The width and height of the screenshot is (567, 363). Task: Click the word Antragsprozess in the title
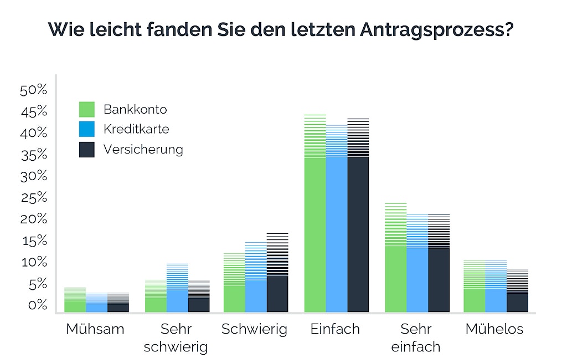(x=443, y=30)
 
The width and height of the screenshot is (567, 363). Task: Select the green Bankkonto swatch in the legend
(x=87, y=109)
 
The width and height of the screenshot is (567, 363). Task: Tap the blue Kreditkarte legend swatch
(x=87, y=129)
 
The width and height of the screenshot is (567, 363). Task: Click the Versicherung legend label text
(x=143, y=149)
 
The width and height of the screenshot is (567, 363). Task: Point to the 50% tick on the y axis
(x=34, y=91)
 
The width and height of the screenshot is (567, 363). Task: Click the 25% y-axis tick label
(x=34, y=198)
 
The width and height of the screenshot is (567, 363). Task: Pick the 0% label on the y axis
(x=37, y=305)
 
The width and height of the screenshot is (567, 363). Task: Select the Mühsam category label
(x=95, y=329)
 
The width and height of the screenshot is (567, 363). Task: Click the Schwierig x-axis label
(x=255, y=329)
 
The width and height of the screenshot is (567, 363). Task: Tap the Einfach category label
(x=335, y=329)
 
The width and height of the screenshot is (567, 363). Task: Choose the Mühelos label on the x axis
(x=494, y=329)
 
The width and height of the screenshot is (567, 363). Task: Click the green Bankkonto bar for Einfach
(x=315, y=233)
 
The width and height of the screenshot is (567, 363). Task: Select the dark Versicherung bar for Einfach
(x=358, y=233)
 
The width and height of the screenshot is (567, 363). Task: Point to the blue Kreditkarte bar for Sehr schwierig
(x=177, y=299)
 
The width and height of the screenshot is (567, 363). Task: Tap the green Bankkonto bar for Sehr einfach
(x=396, y=277)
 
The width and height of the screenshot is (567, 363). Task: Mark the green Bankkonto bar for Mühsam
(x=75, y=305)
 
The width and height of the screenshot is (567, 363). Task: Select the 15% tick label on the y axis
(x=34, y=241)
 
